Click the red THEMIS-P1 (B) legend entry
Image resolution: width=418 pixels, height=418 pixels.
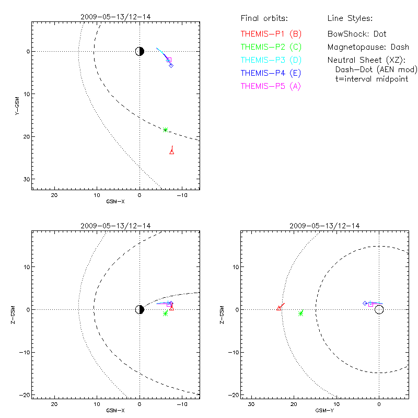271,34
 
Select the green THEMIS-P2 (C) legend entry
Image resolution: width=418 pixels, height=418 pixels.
271,47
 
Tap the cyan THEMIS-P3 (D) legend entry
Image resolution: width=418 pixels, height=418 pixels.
271,60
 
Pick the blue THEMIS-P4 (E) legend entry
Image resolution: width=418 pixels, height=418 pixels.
271,73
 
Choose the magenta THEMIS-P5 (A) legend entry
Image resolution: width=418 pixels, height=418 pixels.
271,86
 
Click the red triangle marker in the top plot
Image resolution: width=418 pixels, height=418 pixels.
172,152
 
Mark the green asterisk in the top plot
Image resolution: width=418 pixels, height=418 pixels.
165,130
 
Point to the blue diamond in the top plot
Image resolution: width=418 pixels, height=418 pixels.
171,66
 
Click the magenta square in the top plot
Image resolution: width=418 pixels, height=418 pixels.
169,60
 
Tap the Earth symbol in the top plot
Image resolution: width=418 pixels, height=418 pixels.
140,51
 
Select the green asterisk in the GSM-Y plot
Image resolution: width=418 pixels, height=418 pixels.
301,314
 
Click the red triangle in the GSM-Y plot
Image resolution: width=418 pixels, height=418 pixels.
278,308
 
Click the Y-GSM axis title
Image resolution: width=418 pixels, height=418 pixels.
17,106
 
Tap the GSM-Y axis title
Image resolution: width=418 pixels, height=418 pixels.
324,411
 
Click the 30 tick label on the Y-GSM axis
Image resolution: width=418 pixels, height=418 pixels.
27,179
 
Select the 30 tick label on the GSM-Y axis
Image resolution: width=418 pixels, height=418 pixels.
251,404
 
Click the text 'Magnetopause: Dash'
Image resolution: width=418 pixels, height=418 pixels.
368,47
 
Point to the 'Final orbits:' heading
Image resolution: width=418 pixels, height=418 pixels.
264,18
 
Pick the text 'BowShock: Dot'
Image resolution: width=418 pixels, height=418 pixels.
357,34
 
